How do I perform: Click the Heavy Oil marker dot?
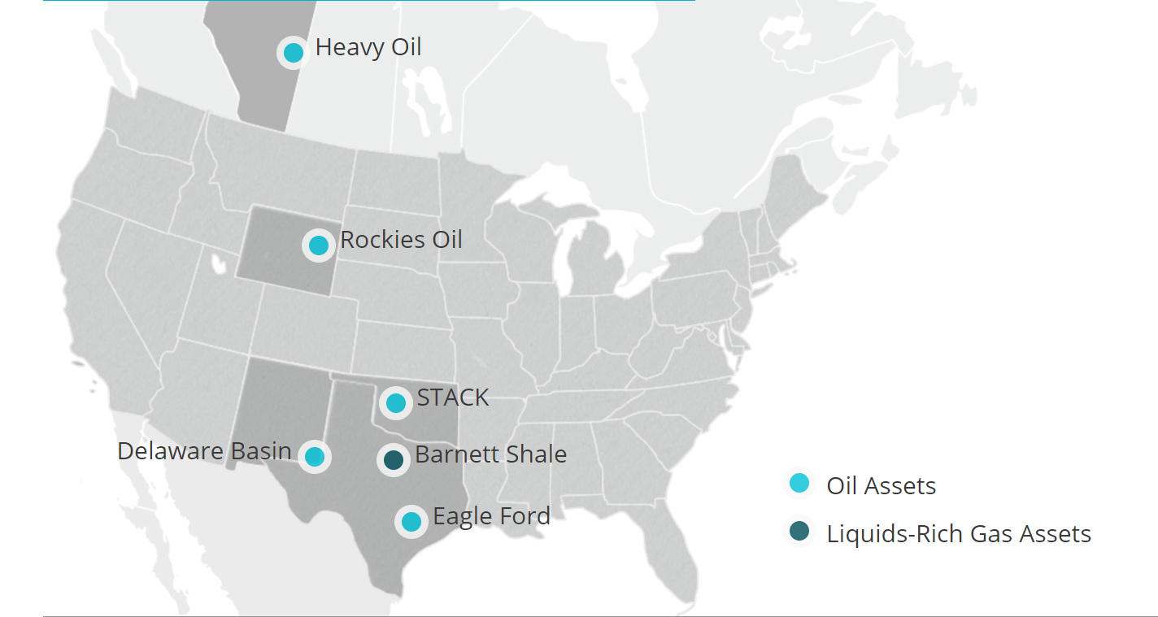[x=294, y=53]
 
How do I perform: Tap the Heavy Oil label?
[x=368, y=47]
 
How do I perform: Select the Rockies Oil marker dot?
[x=318, y=245]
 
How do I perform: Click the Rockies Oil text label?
[x=401, y=240]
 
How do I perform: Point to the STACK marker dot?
[x=396, y=402]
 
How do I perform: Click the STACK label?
[x=453, y=398]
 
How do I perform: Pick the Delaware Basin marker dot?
[x=315, y=456]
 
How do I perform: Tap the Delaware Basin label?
[x=204, y=450]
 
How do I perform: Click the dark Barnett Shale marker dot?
[x=394, y=460]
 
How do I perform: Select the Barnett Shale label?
[x=490, y=454]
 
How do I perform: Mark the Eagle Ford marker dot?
[x=411, y=521]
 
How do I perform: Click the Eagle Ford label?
[x=491, y=516]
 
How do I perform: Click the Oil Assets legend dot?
[x=799, y=483]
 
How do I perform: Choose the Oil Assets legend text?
[x=882, y=486]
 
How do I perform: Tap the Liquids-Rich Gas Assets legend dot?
[x=799, y=532]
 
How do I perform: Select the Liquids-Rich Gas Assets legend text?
[x=959, y=534]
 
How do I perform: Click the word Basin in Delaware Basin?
[x=260, y=450]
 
